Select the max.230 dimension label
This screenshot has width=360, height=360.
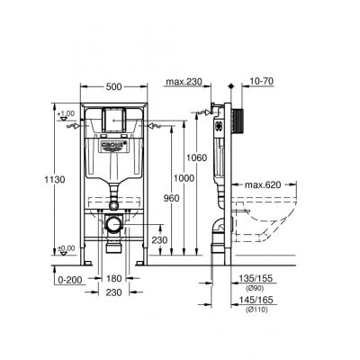coord(185,86)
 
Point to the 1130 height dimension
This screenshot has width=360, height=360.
coord(31,180)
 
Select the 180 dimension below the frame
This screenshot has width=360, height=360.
coord(114,279)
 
